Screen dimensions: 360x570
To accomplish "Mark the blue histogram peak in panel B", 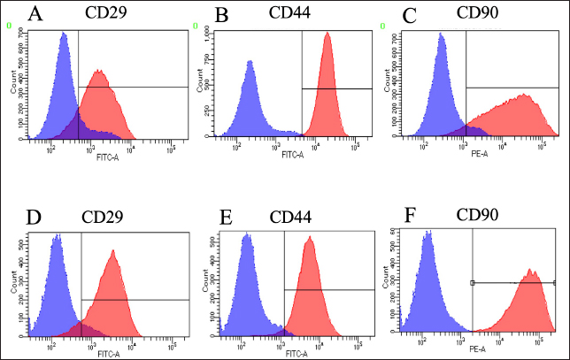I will pos(250,62).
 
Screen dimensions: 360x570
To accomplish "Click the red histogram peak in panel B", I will pos(327,34).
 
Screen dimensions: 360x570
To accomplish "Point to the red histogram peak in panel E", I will pos(309,238).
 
